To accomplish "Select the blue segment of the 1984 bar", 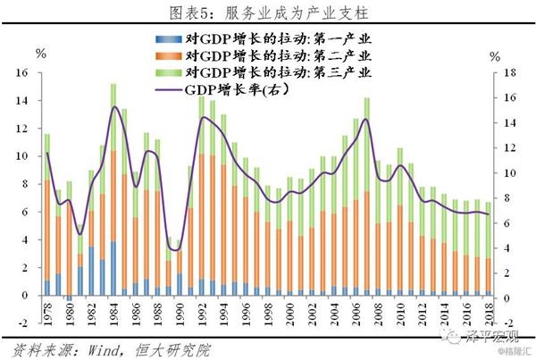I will tap(114, 268).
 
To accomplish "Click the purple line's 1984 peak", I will tap(114, 107).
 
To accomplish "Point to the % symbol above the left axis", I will tap(41, 54).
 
